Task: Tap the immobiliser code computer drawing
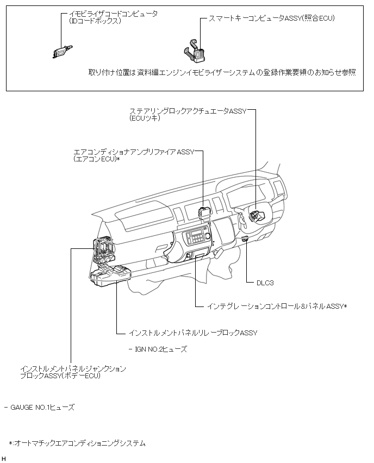click(59, 51)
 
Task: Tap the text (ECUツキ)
click(145, 118)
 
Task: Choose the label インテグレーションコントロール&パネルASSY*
click(277, 306)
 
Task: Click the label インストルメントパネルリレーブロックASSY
click(193, 333)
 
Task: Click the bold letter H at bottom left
click(4, 459)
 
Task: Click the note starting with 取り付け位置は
click(222, 72)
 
